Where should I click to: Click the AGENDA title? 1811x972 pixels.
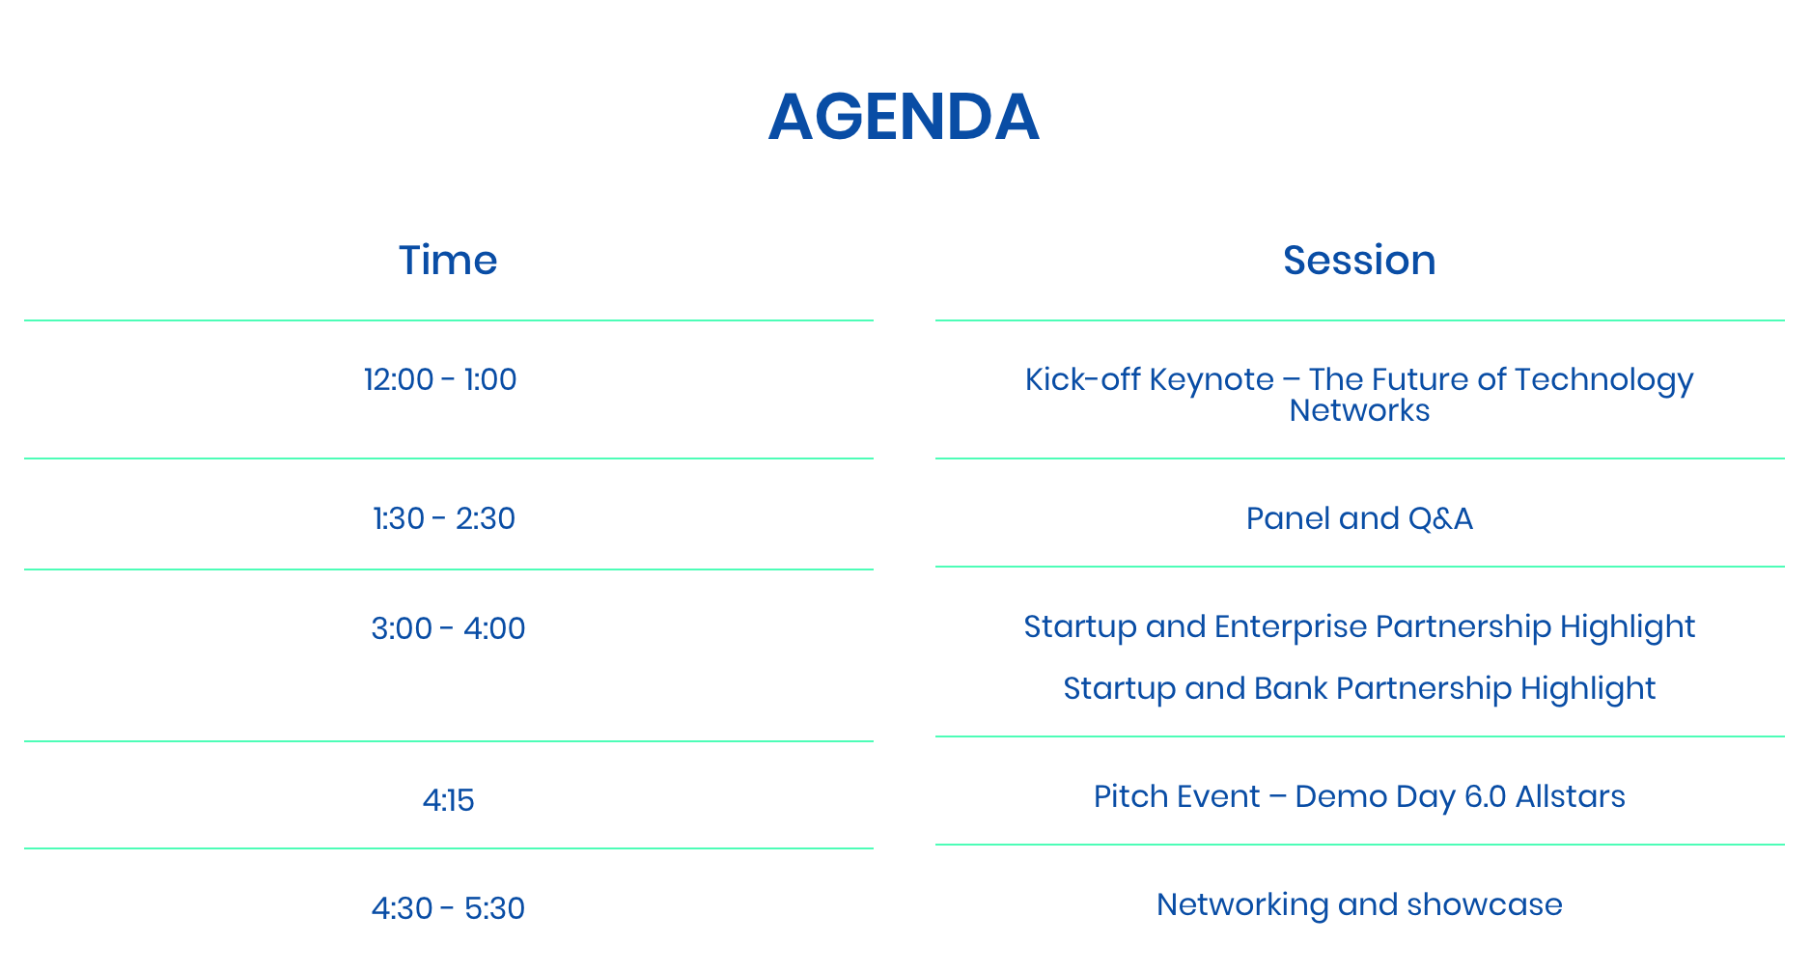coord(904,117)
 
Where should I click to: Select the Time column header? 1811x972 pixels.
coord(448,261)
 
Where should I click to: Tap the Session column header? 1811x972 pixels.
coord(1359,261)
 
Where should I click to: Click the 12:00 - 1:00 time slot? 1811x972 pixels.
coord(440,379)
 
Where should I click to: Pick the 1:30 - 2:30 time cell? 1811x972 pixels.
coord(444,518)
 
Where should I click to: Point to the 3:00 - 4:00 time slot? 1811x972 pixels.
coord(448,628)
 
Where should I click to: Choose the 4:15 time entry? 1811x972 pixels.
coord(448,800)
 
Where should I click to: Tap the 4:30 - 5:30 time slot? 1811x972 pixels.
coord(448,908)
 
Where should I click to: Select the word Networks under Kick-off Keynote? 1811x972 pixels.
coord(1359,410)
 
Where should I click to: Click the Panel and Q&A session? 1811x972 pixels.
coord(1359,518)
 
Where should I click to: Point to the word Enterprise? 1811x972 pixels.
coord(1290,627)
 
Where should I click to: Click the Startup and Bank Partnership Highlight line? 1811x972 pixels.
coord(1359,689)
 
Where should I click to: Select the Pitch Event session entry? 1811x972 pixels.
coord(1359,797)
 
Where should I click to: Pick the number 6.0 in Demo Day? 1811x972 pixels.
coord(1485,796)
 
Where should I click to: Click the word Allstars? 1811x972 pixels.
coord(1571,796)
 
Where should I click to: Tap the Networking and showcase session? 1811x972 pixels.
coord(1359,905)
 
